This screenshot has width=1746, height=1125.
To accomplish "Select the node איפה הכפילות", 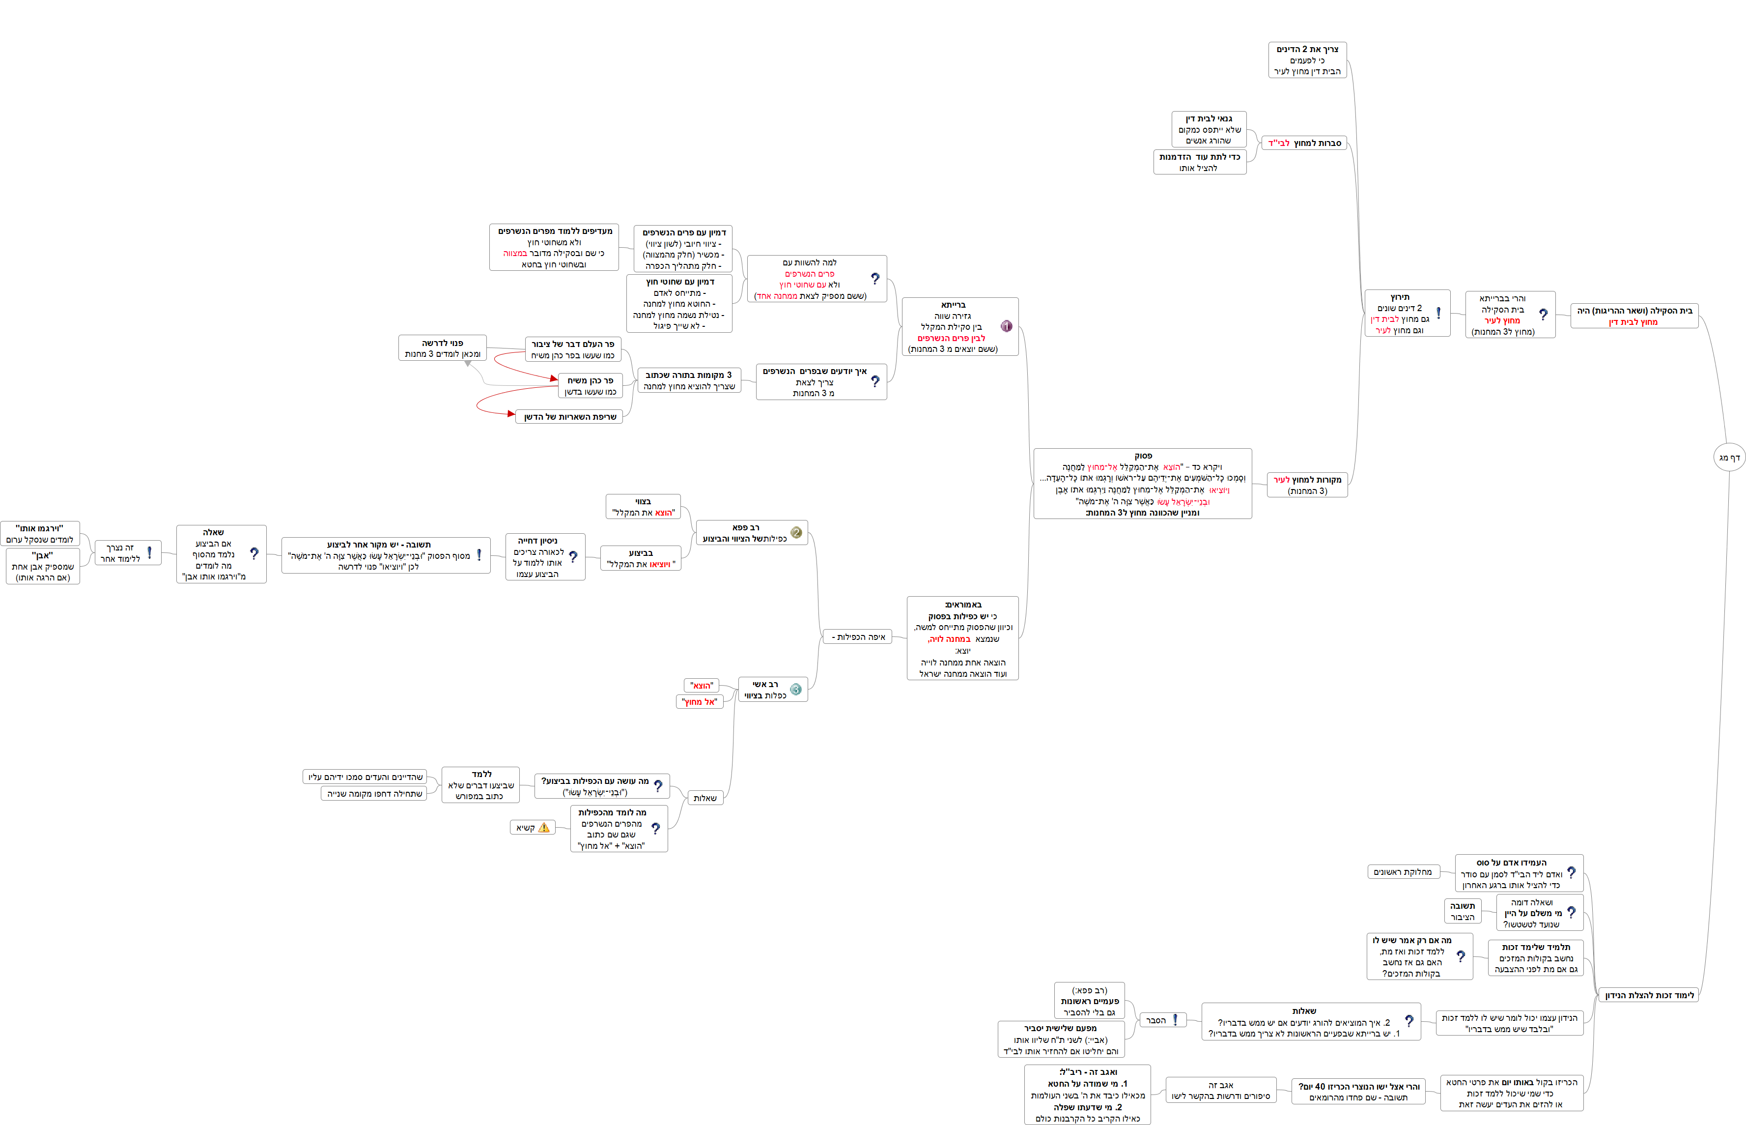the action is click(x=857, y=637).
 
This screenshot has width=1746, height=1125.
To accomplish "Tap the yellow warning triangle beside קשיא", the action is click(x=543, y=828).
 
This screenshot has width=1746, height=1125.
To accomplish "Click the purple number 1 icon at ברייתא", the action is click(x=1006, y=326).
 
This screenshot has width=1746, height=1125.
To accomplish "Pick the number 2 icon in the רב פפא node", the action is click(x=796, y=533).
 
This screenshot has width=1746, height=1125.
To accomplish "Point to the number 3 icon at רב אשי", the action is click(x=796, y=690).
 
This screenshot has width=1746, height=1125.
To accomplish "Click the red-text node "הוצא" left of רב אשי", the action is click(x=701, y=685).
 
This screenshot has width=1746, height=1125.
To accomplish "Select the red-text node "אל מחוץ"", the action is click(x=699, y=702).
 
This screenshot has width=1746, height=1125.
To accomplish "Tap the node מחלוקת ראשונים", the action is click(x=1402, y=871).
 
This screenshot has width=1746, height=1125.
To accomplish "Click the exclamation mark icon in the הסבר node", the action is click(x=1175, y=1020).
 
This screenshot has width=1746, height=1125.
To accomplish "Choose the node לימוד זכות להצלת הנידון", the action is click(x=1649, y=995).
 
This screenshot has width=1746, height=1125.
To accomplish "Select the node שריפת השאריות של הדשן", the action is click(x=569, y=416).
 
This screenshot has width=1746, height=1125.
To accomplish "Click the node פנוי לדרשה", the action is click(x=443, y=348).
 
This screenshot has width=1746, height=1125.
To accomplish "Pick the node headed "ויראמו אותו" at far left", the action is click(x=40, y=533).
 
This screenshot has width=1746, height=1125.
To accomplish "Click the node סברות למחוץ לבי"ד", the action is click(x=1304, y=143).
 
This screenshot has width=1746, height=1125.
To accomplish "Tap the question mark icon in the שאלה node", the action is click(x=254, y=554).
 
